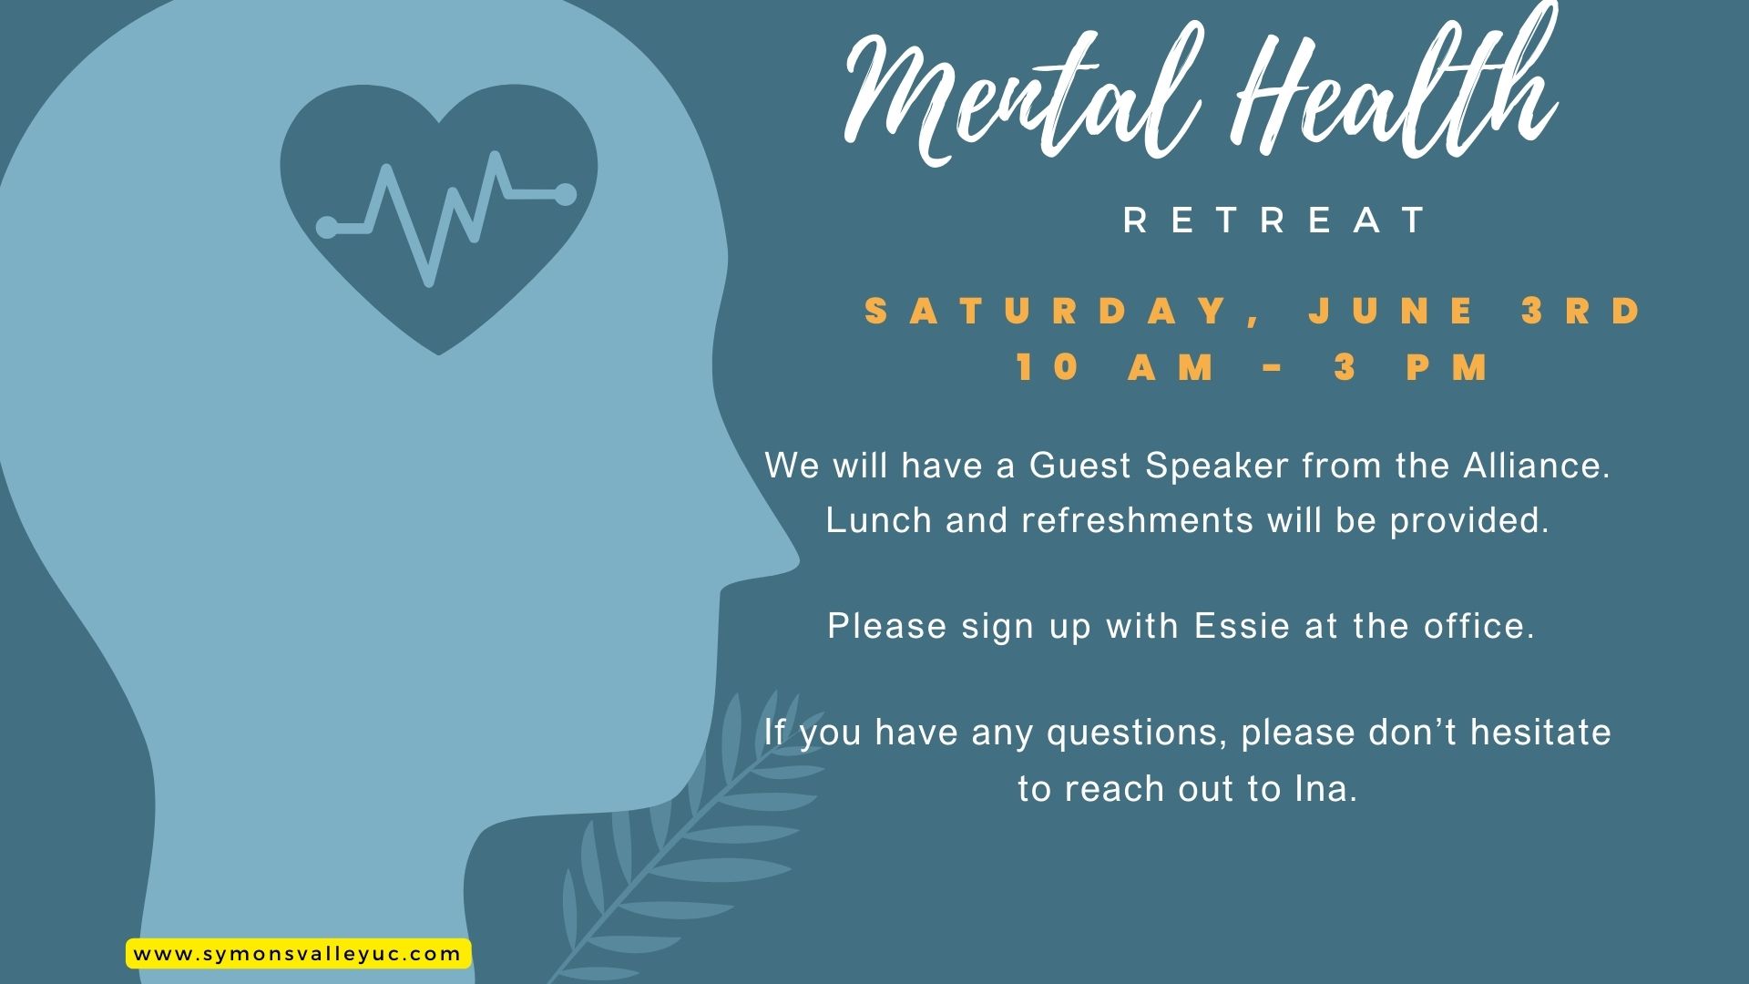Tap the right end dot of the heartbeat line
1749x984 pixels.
click(x=565, y=194)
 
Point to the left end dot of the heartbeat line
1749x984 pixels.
click(x=327, y=227)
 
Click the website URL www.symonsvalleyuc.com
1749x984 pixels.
click(x=297, y=954)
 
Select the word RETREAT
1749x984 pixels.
click(x=1275, y=220)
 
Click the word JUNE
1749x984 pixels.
click(x=1394, y=312)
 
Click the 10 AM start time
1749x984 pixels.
click(x=1116, y=367)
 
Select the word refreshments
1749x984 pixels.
click(x=1138, y=520)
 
